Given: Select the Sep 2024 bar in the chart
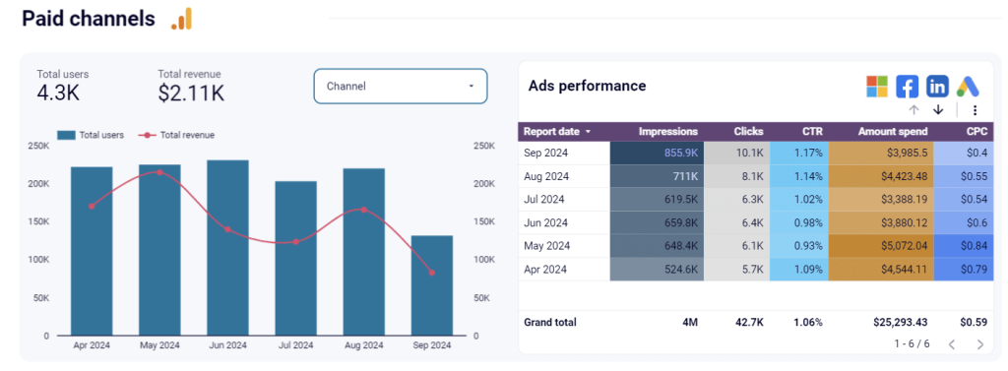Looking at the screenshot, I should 431,285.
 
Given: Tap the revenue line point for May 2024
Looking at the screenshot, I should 159,172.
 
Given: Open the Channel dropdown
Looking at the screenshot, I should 400,87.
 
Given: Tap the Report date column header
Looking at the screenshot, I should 557,131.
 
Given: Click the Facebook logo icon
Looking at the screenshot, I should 907,87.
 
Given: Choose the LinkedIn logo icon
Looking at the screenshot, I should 937,87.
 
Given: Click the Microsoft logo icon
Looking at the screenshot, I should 876,87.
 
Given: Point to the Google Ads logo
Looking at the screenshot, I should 968,87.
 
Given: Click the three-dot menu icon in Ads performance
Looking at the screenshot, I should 975,110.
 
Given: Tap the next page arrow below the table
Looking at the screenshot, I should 979,344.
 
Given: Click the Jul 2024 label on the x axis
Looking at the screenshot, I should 295,345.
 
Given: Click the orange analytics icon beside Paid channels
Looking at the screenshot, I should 182,19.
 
